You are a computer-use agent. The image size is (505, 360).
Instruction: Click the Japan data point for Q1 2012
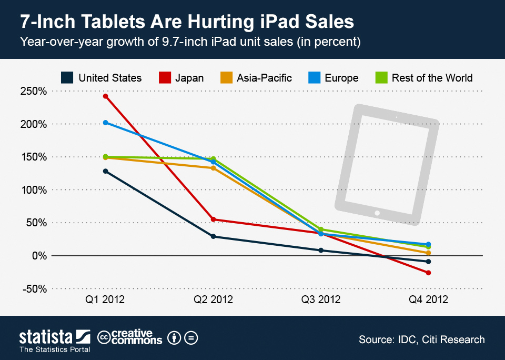coord(105,96)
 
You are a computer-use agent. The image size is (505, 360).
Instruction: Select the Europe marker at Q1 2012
coord(105,123)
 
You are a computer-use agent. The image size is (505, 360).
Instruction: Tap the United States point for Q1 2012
coord(105,171)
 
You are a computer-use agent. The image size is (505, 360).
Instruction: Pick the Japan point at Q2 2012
coord(213,219)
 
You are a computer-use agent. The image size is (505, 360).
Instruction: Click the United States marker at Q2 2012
coord(213,236)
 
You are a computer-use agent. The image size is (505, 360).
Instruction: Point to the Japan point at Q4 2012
coord(429,273)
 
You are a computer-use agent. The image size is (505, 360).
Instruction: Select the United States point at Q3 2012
coord(321,251)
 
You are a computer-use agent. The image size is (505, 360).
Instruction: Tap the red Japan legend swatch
coord(165,78)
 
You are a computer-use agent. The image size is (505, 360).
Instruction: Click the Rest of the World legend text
coord(432,78)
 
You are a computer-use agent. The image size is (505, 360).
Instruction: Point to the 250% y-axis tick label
coord(34,92)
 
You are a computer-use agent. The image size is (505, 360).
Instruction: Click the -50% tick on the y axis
coord(34,289)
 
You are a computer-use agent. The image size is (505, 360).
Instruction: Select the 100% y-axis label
coord(34,190)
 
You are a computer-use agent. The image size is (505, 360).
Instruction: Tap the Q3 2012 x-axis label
coord(321,300)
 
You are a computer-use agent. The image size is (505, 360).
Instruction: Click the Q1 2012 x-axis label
coord(105,300)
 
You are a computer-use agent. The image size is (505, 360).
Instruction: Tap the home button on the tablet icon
coord(377,213)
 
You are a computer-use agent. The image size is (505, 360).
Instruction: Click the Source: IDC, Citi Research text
coord(421,339)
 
